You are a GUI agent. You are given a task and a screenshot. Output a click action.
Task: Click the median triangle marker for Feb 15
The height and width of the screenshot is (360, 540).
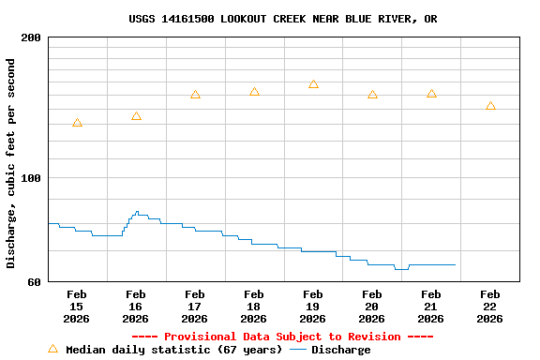tap(77, 123)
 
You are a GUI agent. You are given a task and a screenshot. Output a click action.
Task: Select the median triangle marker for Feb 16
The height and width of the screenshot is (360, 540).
tap(136, 116)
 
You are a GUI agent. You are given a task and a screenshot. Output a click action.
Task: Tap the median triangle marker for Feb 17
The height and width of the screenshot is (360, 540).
tap(195, 95)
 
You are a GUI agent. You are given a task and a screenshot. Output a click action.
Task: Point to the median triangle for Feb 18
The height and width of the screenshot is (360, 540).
tap(254, 92)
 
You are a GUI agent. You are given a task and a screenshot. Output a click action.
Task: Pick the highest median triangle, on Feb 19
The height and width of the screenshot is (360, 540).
tap(313, 84)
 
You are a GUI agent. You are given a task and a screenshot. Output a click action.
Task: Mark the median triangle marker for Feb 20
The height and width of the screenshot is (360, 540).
tap(372, 95)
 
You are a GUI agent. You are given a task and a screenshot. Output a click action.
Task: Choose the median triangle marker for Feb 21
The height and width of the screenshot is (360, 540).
tap(431, 94)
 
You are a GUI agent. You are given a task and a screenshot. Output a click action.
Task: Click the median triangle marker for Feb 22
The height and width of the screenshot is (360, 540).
tap(490, 106)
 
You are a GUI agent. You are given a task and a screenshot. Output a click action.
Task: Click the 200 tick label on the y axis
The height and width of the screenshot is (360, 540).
tap(31, 38)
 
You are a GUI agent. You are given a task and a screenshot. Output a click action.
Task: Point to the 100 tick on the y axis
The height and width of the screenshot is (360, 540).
tap(31, 178)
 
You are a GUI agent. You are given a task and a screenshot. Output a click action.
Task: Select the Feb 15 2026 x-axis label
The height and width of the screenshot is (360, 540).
tap(77, 307)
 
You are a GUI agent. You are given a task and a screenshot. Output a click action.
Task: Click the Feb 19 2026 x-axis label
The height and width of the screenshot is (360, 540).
tap(313, 307)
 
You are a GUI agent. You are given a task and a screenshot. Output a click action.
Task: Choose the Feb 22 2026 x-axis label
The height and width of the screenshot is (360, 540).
tap(490, 307)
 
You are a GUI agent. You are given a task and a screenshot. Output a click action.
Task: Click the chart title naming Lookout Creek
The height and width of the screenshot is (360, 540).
tap(282, 19)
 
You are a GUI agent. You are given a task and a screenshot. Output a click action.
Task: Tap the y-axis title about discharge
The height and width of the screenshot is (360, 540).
tap(11, 163)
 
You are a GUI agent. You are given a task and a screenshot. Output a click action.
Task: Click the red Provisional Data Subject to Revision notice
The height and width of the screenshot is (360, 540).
tap(282, 337)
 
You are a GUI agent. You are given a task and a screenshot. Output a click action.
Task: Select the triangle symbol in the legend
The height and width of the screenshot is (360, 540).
tap(52, 349)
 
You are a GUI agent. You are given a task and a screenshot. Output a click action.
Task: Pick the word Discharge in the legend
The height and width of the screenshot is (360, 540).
tap(340, 350)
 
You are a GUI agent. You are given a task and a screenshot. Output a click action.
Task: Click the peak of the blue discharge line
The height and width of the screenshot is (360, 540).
tap(137, 212)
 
